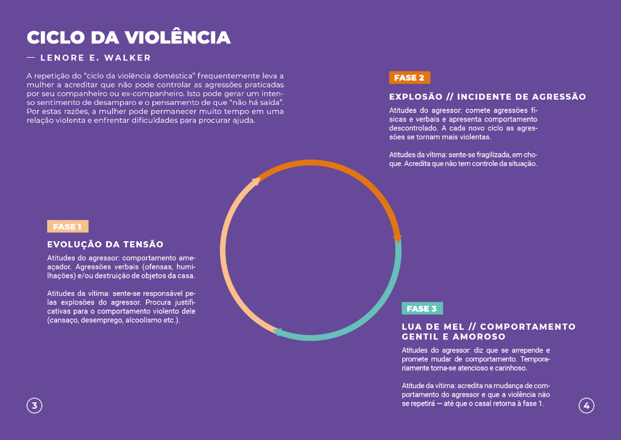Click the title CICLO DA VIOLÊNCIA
point(128,38)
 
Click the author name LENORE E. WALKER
point(96,58)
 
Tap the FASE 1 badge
point(67,227)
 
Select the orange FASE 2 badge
point(409,78)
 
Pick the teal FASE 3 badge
point(422,309)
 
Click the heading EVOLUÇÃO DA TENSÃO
point(105,244)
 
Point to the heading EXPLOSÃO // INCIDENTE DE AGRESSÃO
point(487,97)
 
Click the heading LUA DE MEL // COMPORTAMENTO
point(488,327)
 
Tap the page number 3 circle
point(34,406)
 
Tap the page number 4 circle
point(586,406)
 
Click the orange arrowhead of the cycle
point(397,238)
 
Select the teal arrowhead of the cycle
point(277,332)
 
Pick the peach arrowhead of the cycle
point(256,181)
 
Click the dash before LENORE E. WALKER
point(31,58)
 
